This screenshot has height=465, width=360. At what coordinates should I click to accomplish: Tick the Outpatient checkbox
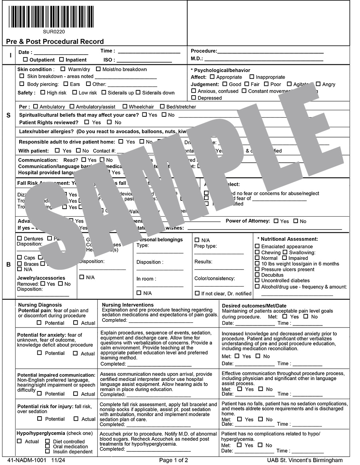tap(26, 60)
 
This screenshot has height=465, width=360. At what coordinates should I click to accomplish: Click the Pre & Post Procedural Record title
tap(55, 42)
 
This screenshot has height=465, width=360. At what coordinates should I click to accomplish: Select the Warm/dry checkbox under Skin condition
tap(63, 69)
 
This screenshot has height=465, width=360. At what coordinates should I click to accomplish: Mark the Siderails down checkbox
tap(138, 92)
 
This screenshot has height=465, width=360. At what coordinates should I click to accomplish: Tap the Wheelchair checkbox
tap(125, 106)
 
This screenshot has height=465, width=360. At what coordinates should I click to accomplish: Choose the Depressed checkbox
tap(194, 98)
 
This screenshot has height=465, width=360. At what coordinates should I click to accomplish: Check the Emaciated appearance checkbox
tap(257, 246)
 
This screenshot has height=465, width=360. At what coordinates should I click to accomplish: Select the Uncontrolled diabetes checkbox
tap(257, 280)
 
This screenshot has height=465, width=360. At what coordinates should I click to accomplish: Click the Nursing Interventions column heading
tap(128, 305)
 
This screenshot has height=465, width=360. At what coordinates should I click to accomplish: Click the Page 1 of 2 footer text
tap(174, 460)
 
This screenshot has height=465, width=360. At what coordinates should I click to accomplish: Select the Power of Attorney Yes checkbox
tap(276, 221)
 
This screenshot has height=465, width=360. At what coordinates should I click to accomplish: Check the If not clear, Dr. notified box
tap(197, 293)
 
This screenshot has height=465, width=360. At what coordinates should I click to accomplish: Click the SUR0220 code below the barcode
tap(54, 32)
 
